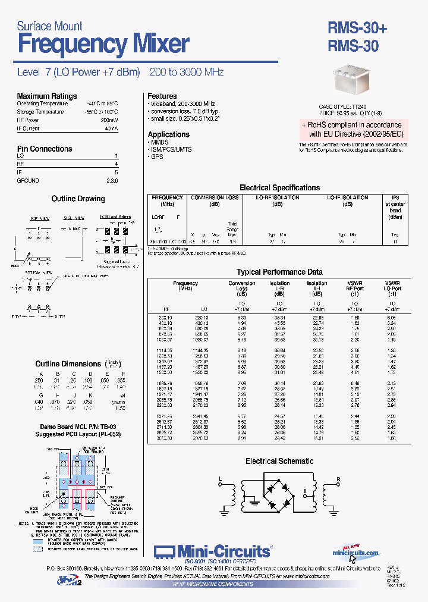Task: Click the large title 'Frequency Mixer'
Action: [x=103, y=45]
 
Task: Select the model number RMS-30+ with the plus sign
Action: [x=357, y=29]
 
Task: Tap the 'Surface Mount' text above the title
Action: [x=49, y=26]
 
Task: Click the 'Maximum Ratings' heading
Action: [x=46, y=96]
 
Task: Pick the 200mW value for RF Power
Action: [x=111, y=120]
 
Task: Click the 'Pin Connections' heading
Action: [x=45, y=149]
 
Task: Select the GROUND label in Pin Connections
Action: [x=28, y=180]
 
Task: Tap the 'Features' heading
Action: [x=162, y=96]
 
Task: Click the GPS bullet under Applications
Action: [x=156, y=157]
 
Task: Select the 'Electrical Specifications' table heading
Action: [x=279, y=187]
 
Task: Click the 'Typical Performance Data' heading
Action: [x=279, y=272]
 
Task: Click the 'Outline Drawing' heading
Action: [x=78, y=199]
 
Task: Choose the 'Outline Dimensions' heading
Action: [x=68, y=363]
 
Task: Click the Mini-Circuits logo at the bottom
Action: [x=213, y=551]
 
